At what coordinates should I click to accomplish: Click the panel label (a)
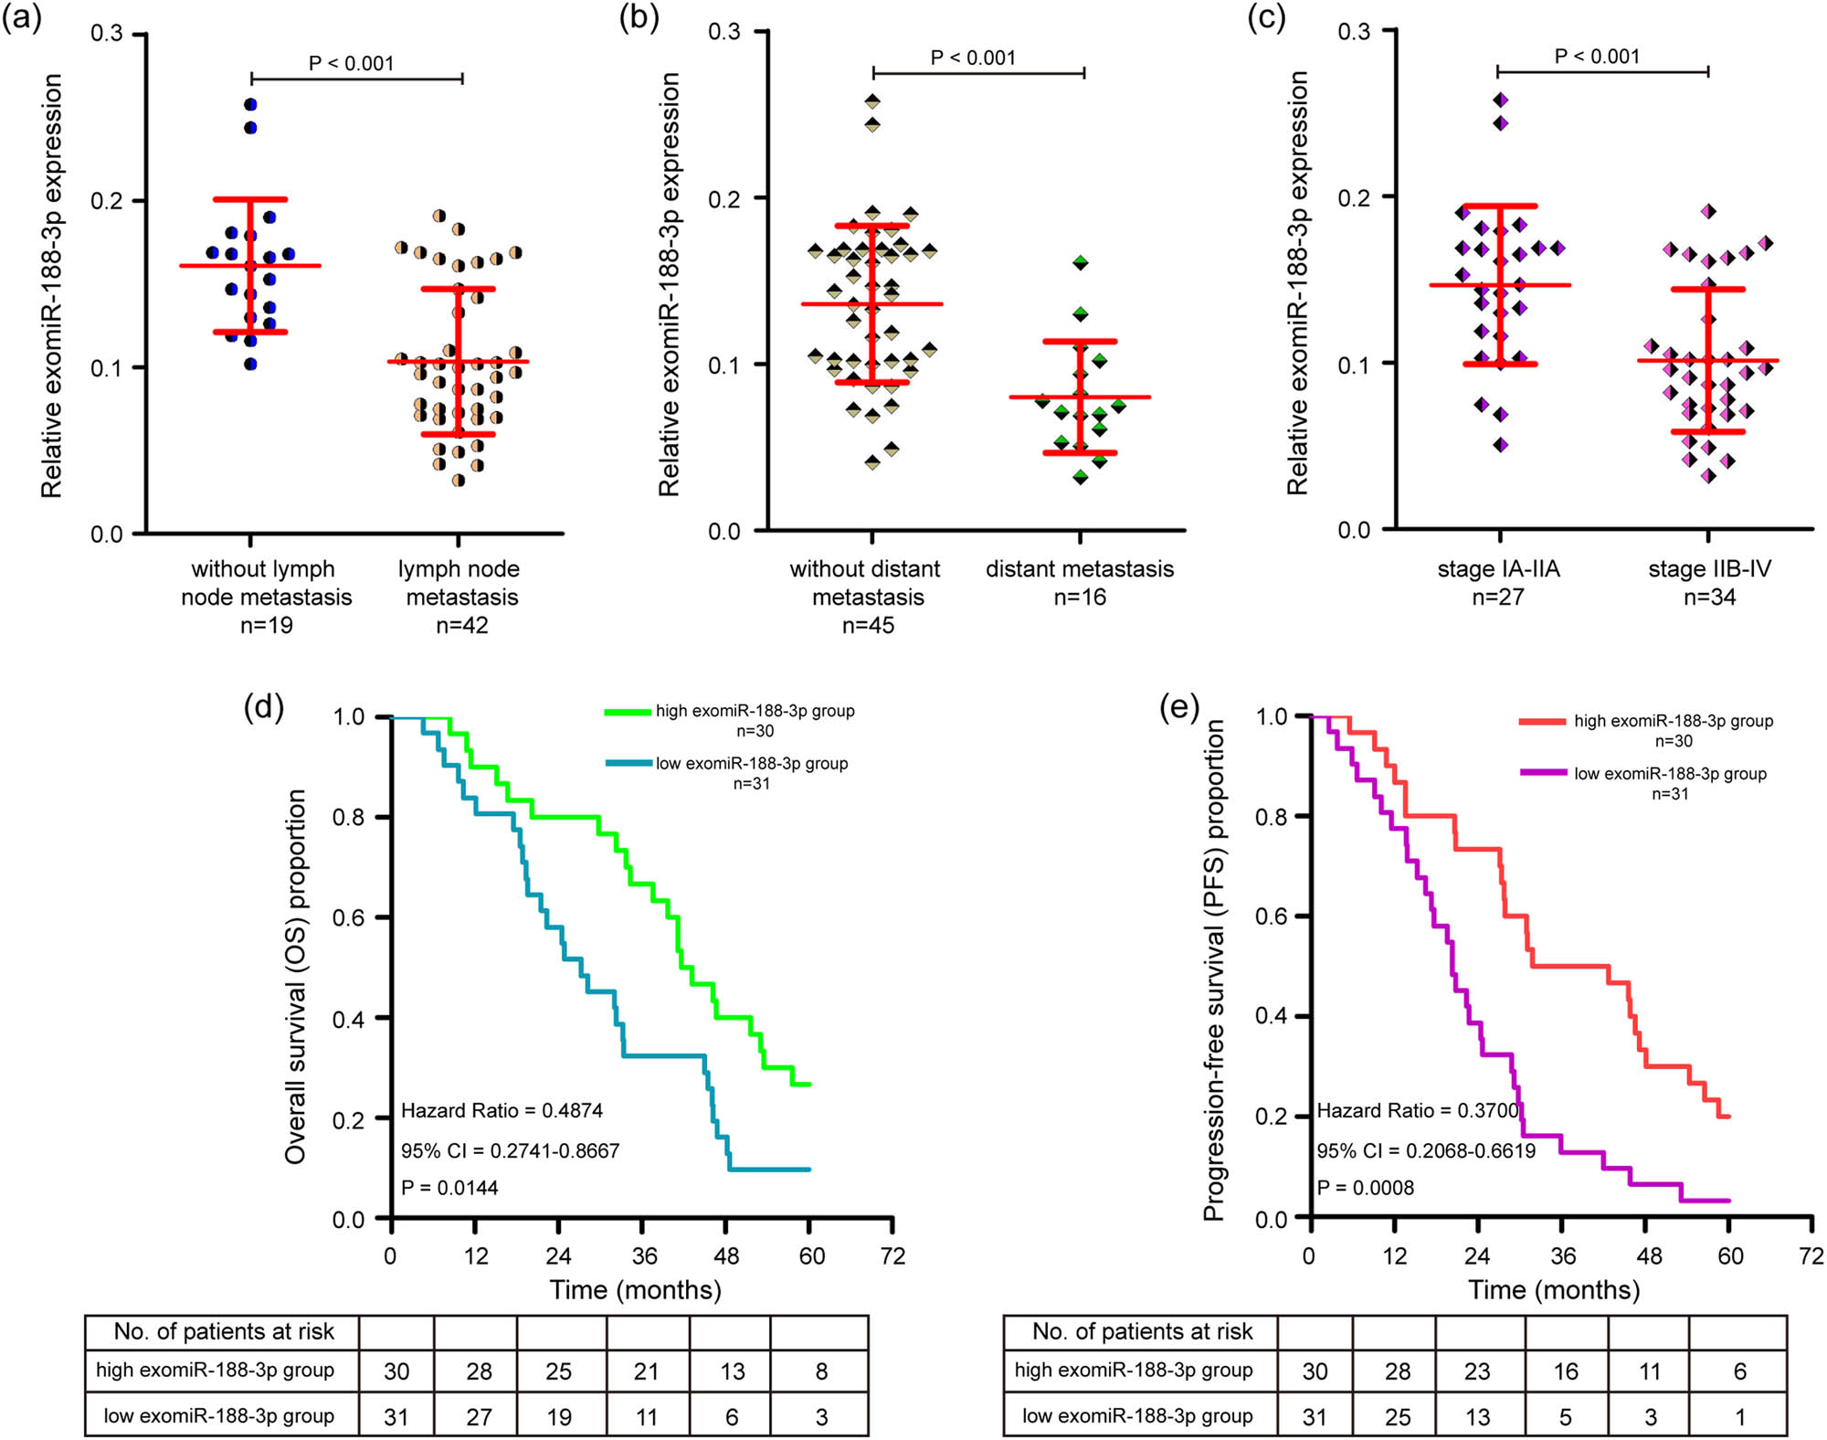click(22, 18)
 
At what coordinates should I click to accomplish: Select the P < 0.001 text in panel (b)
click(973, 58)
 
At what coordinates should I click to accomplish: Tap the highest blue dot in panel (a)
click(251, 104)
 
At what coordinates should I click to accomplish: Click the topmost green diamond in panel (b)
click(1081, 262)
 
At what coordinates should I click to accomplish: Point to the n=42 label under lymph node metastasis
click(461, 625)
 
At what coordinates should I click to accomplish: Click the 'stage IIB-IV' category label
click(1709, 568)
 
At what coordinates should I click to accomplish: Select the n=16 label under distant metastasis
click(1080, 597)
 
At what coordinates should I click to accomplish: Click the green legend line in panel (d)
click(628, 711)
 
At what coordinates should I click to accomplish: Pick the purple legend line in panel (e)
click(1544, 773)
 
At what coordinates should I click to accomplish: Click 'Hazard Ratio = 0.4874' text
click(502, 1110)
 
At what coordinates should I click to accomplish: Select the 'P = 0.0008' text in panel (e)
click(1365, 1187)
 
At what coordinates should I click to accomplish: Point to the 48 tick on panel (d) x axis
click(726, 1255)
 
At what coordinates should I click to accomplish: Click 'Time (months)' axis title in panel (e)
click(1554, 1289)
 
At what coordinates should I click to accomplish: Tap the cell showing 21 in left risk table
click(647, 1371)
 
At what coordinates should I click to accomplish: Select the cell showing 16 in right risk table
click(1566, 1371)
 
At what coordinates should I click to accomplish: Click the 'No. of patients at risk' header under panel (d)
click(224, 1331)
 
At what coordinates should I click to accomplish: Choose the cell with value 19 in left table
click(559, 1416)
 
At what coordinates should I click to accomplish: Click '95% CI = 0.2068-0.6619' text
click(1426, 1150)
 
